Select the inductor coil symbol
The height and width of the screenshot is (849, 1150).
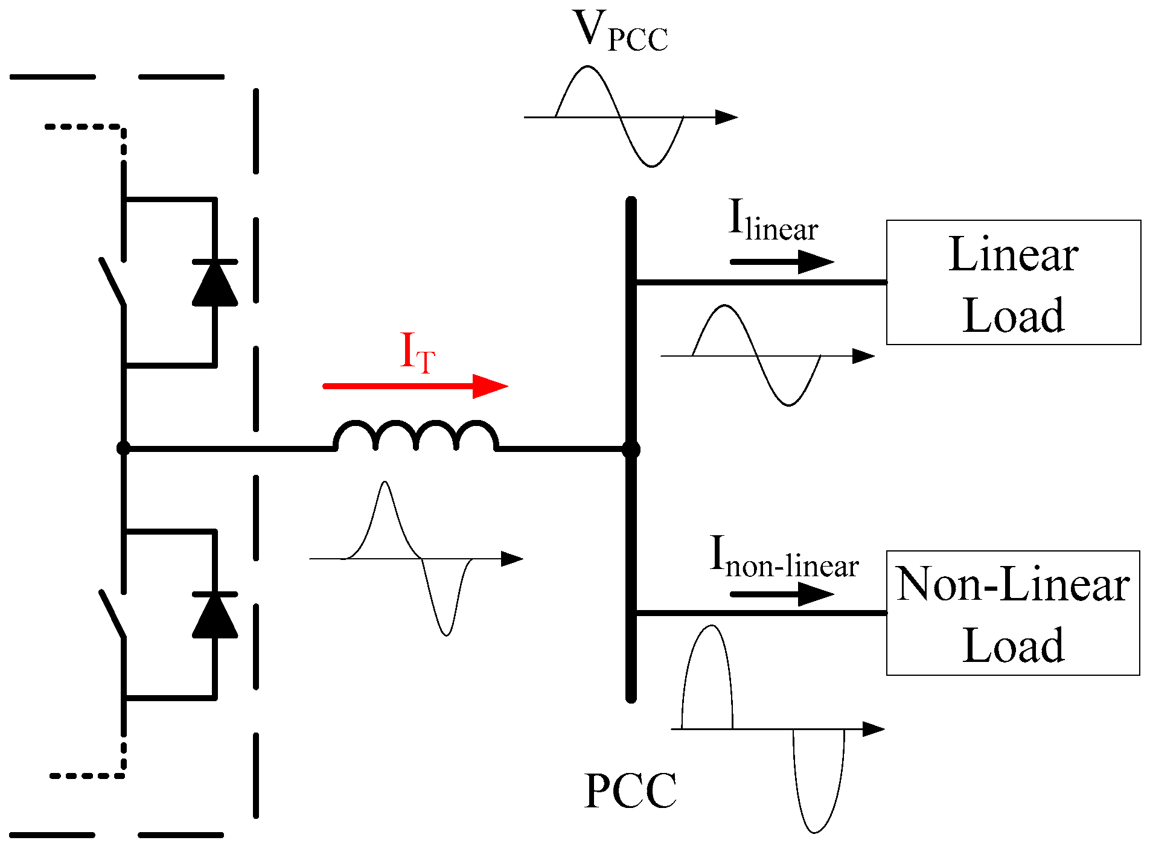[x=416, y=436]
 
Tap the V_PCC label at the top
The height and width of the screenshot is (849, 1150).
[x=621, y=31]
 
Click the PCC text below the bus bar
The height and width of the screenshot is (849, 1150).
[x=630, y=790]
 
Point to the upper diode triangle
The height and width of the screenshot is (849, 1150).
[x=214, y=284]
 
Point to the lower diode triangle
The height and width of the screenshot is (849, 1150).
[x=214, y=616]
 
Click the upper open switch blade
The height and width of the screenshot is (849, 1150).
[x=112, y=282]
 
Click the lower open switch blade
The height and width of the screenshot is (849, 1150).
[x=112, y=614]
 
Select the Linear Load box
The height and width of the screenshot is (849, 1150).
[x=1013, y=282]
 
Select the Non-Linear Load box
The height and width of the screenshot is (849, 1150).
[x=1013, y=613]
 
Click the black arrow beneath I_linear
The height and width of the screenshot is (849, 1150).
[x=782, y=262]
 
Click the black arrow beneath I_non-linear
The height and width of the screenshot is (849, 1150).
[x=782, y=594]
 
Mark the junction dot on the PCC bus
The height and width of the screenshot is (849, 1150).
[x=631, y=449]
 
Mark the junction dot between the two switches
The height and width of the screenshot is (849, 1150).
[x=123, y=448]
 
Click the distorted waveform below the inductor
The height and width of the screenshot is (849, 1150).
[x=410, y=558]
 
